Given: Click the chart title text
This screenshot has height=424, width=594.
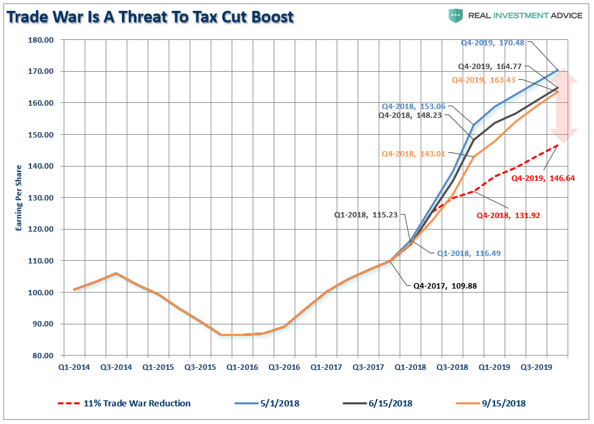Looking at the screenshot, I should [x=150, y=17].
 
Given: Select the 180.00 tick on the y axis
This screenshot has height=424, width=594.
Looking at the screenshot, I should [x=39, y=40].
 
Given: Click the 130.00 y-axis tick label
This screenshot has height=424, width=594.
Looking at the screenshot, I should [x=39, y=198].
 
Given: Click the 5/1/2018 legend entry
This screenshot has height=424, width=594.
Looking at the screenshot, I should [x=267, y=403].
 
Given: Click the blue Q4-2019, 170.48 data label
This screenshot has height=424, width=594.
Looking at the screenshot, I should [x=492, y=43].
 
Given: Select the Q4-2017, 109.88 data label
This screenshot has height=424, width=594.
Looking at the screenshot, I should [x=445, y=286].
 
